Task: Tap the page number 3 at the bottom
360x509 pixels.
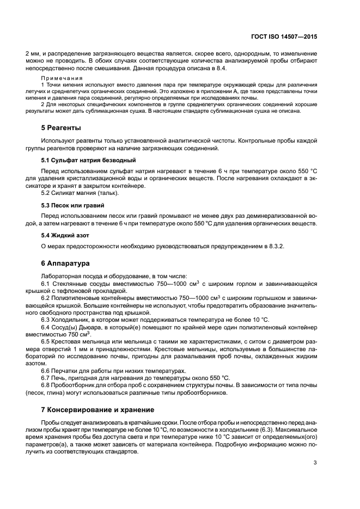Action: pos(315,463)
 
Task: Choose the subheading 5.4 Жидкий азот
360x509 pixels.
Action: pos(65,235)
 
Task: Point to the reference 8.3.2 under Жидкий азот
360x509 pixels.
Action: pos(269,247)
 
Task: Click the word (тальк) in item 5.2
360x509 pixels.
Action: pos(107,194)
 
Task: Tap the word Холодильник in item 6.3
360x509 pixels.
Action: pos(71,320)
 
